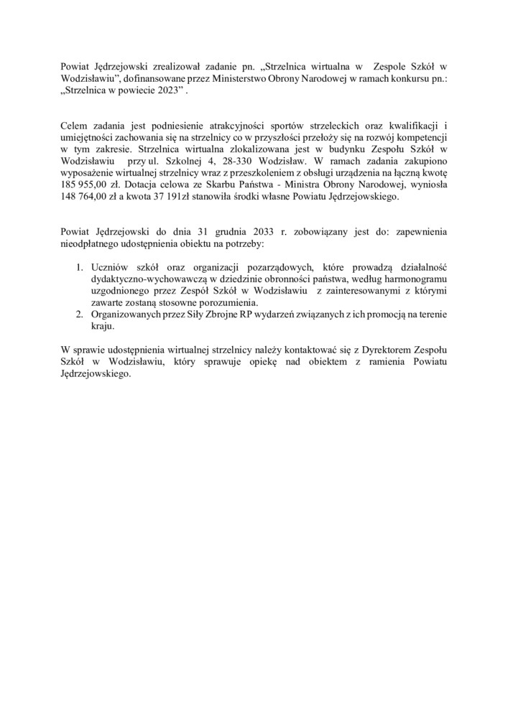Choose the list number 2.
(79, 314)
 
